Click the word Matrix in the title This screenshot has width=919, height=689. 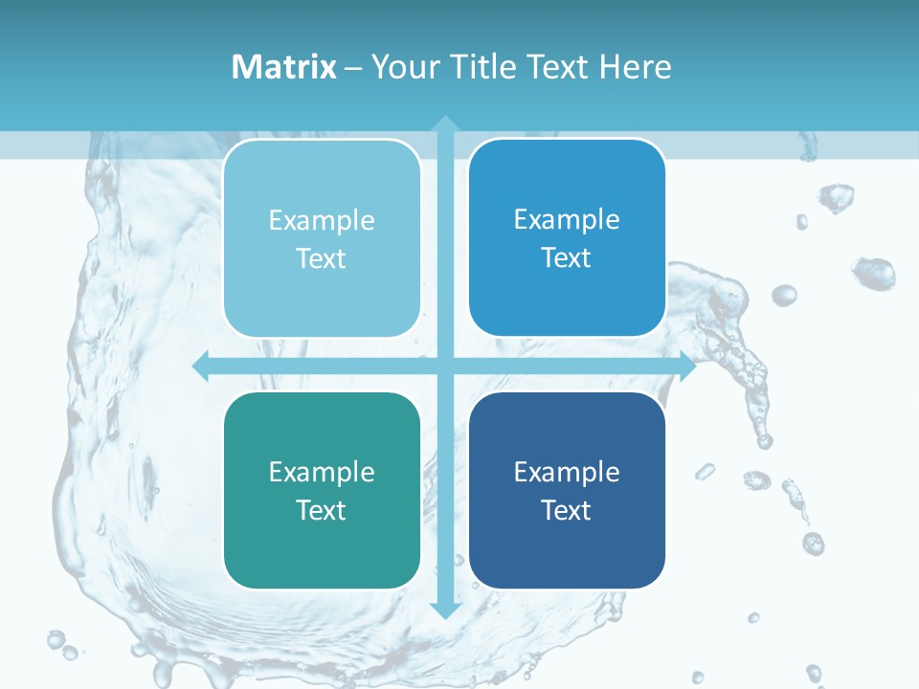point(284,67)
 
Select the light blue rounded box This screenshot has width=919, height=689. point(322,238)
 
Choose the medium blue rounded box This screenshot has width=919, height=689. point(567,237)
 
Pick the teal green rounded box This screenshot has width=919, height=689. point(322,490)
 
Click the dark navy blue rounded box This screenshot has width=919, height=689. point(567,490)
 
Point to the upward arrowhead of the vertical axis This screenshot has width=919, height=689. point(444,123)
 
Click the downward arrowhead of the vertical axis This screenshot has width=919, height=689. point(444,610)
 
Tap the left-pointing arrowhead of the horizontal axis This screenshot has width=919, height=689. point(201,366)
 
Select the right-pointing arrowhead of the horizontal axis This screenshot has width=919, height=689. point(686,366)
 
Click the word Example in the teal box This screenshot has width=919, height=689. point(322,472)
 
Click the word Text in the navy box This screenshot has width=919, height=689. point(567,510)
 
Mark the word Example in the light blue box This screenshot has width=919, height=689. point(322,220)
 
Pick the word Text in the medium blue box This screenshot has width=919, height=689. point(567,257)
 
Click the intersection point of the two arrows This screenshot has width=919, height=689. point(444,366)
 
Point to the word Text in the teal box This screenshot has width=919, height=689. point(322,510)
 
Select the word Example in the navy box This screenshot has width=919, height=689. point(567,472)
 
